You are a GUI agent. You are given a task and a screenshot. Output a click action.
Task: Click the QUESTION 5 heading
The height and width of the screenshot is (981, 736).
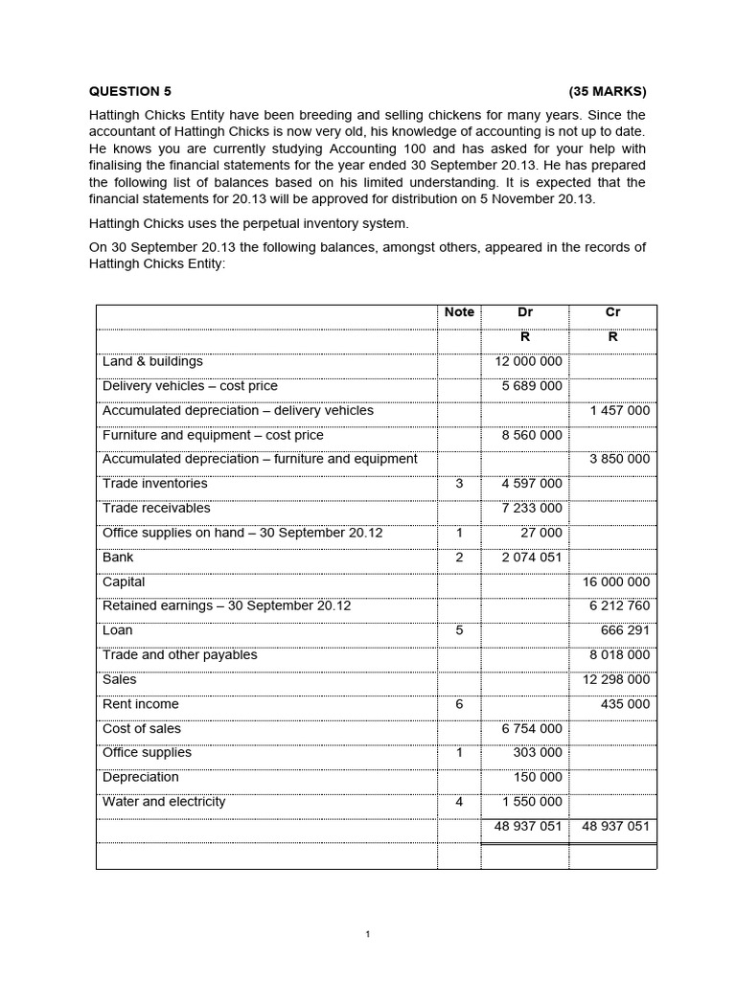pos(130,92)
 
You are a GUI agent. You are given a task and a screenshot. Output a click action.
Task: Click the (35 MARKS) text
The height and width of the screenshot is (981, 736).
pos(608,92)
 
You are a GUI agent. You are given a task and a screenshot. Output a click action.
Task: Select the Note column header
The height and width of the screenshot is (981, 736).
pos(459,312)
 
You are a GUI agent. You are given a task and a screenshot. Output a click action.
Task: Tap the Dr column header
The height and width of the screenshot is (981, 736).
pos(525,312)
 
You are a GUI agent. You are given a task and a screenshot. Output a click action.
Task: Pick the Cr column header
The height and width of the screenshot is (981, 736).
pos(613,312)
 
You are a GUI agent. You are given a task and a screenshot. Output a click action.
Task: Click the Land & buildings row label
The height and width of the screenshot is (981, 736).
pos(152,361)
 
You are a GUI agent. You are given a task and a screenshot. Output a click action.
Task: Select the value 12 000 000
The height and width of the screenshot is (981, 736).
pos(528,361)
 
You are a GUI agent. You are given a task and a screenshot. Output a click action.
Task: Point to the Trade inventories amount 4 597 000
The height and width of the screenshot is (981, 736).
pos(532,484)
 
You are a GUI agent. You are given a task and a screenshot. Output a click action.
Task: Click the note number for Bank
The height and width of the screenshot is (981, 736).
pos(459,558)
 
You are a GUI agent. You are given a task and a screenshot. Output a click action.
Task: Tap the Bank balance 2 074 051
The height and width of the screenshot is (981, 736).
pos(532,558)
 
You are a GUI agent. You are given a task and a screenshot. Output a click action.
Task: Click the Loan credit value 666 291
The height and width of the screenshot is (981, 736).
pos(624,630)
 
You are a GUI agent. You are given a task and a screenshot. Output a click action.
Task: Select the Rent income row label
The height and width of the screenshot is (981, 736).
pos(140,704)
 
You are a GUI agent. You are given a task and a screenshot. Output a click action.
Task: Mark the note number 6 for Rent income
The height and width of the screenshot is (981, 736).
pos(459,704)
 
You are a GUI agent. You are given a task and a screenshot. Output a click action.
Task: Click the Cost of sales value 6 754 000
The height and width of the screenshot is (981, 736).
pos(532,729)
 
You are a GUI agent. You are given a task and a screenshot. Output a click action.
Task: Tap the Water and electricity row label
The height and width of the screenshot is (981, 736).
pos(164,802)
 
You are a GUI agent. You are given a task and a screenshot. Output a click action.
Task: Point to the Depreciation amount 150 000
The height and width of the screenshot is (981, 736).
pos(538,777)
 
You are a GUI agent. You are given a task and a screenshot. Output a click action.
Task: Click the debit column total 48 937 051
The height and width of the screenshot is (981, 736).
pos(524,827)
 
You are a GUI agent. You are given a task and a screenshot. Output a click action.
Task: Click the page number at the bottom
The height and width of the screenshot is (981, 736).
pos(368,935)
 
